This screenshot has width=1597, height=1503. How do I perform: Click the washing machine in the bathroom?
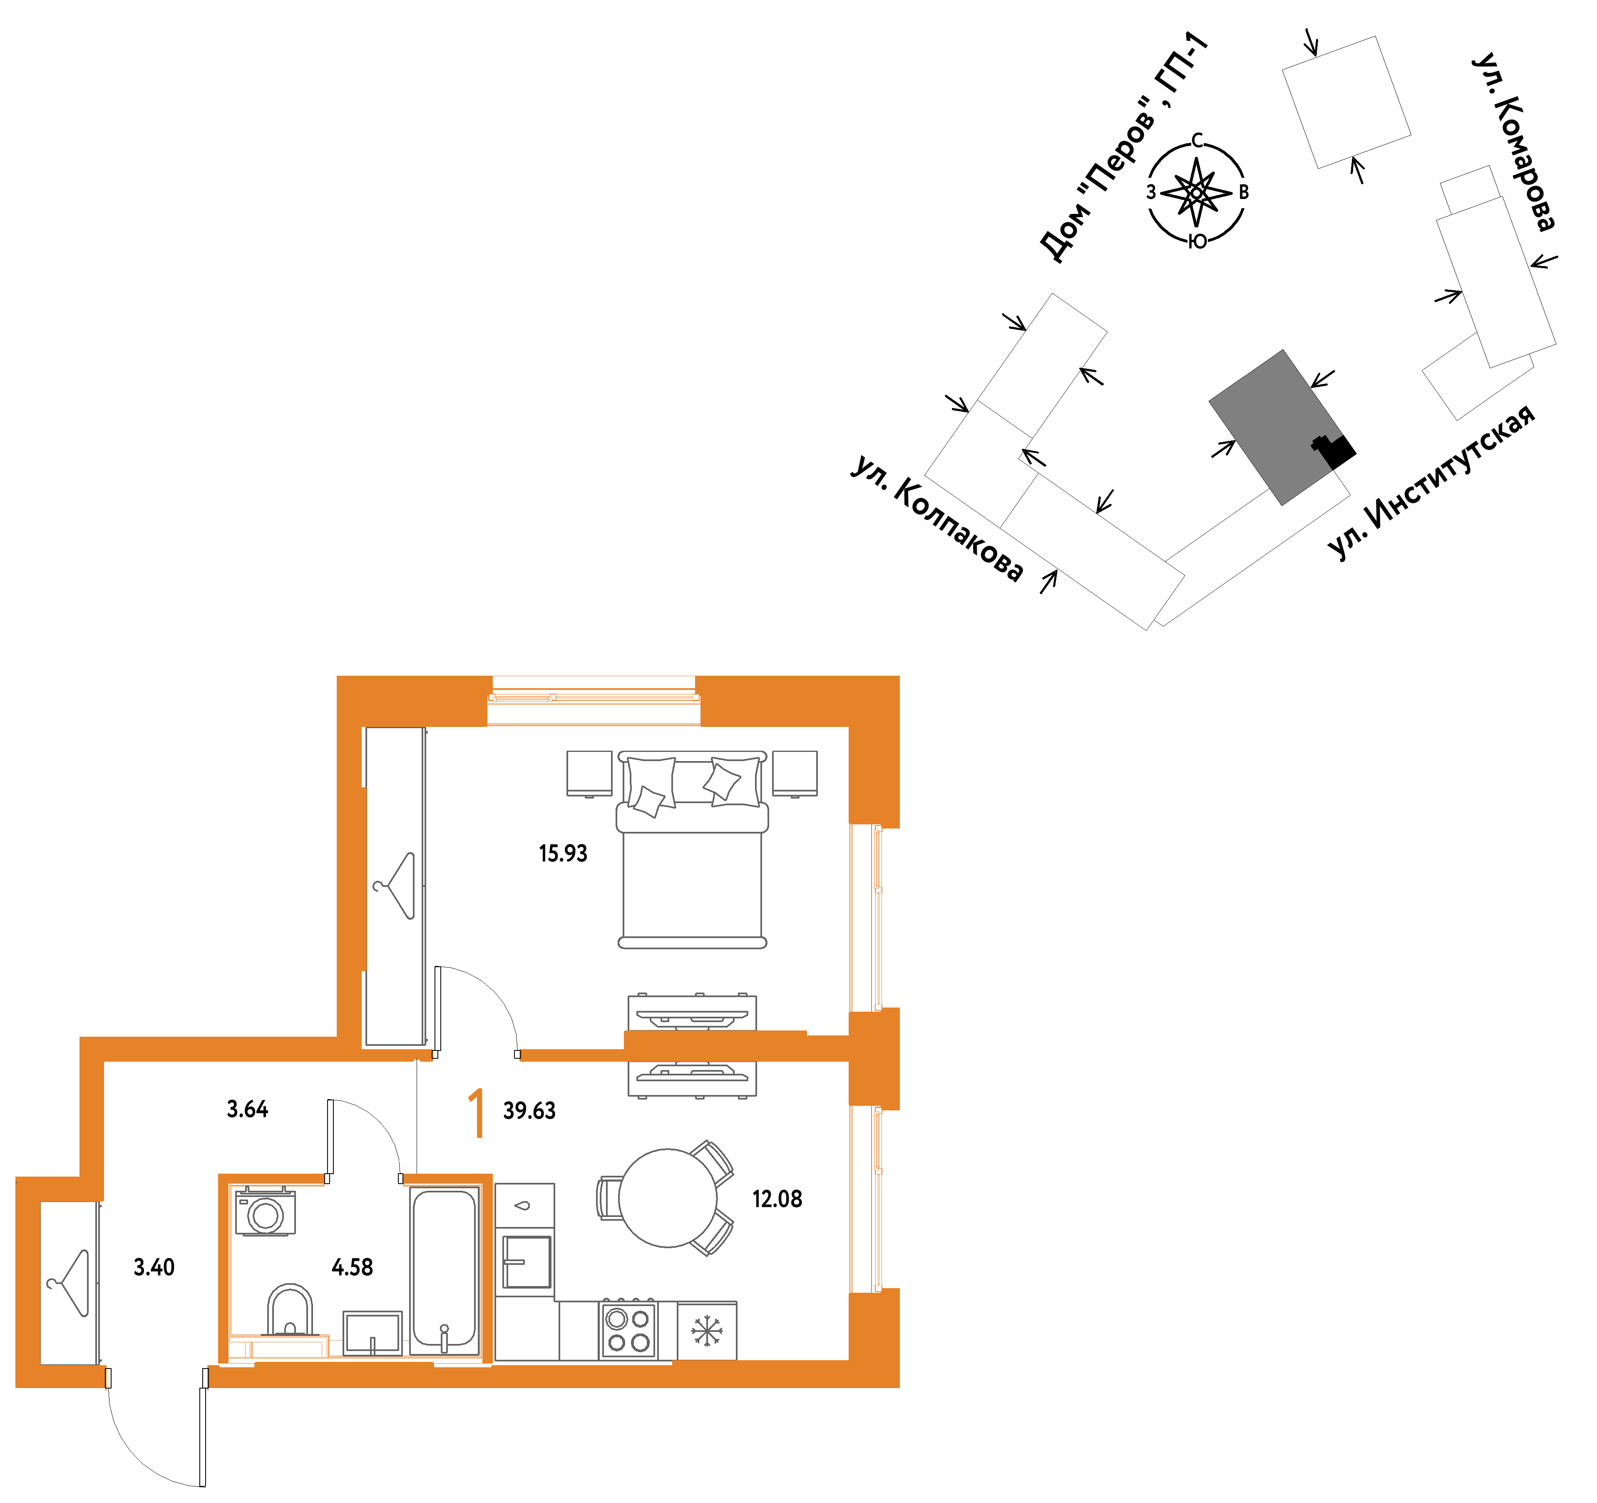pos(265,1211)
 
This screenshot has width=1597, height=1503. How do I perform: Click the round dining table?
pos(668,1197)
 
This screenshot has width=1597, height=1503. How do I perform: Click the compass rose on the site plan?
pos(1196,192)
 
